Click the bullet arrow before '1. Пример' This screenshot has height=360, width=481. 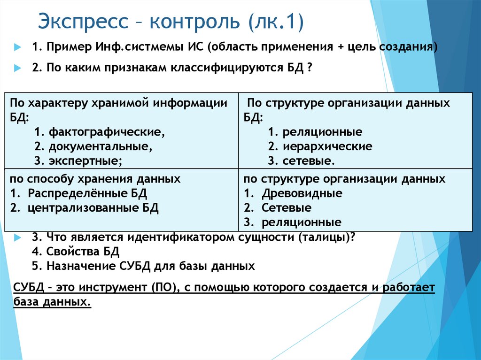click(18, 48)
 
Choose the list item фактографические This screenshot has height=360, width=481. click(106, 131)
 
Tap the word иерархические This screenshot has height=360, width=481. click(327, 146)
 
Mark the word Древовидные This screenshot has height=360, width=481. click(302, 193)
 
